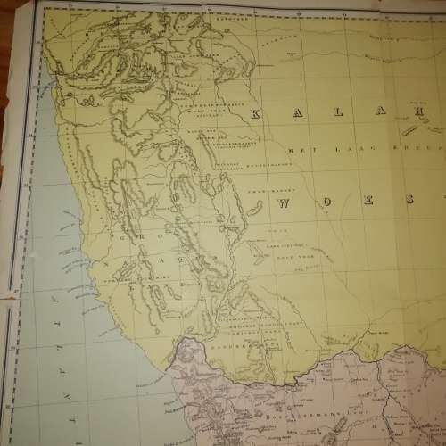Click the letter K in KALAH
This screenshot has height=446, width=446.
pyautogui.click(x=255, y=114)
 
